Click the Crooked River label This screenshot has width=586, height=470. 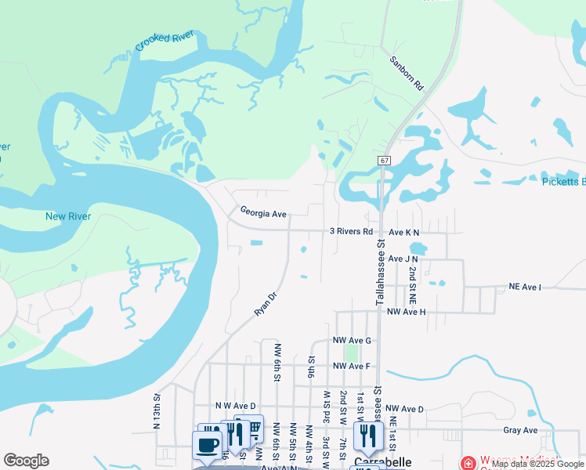(166, 37)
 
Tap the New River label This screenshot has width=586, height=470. (68, 216)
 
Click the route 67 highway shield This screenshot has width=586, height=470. (384, 160)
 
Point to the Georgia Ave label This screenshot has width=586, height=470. (263, 212)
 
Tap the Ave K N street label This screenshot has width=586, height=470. (404, 233)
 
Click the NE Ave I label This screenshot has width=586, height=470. (525, 287)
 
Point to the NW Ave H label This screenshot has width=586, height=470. (406, 312)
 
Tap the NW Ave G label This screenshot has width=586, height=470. (352, 341)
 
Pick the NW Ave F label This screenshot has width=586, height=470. (350, 366)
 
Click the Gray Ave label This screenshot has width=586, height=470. (520, 430)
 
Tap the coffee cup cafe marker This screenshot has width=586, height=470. (208, 446)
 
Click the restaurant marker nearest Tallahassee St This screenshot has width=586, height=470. (365, 436)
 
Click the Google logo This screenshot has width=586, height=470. (26, 461)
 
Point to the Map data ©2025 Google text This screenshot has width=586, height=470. (538, 464)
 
